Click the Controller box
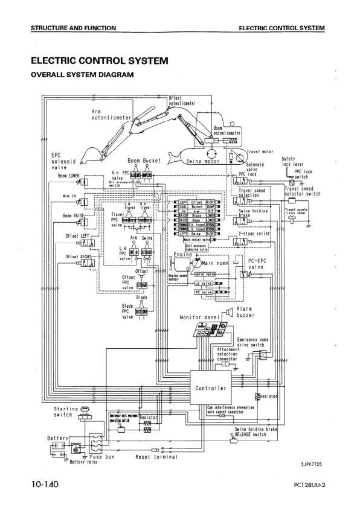tap(210, 388)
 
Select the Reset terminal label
tap(156, 457)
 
